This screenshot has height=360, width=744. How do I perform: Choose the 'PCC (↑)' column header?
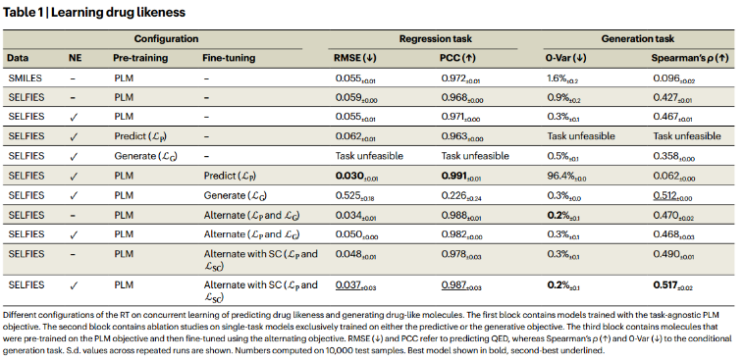pos(459,58)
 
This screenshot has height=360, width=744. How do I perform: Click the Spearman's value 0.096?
pos(675,77)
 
